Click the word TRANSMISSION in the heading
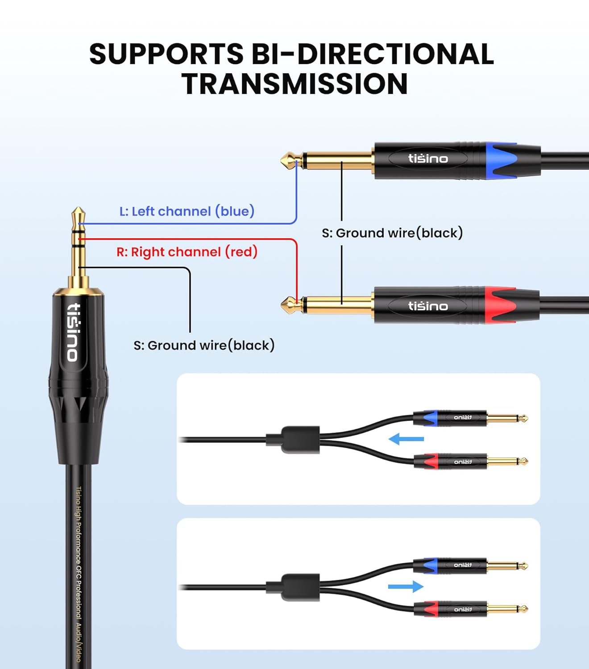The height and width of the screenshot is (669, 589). (294, 83)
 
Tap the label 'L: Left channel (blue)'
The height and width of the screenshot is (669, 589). (187, 211)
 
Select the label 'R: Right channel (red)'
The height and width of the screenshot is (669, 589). (187, 252)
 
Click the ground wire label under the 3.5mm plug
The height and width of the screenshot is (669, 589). (204, 345)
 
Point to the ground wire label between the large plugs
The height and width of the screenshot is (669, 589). (392, 233)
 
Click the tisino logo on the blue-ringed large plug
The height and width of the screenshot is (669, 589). (427, 159)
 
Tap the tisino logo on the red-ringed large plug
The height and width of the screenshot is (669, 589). (427, 306)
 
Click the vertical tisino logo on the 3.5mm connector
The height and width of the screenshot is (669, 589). (74, 331)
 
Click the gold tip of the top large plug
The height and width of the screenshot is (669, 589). (288, 160)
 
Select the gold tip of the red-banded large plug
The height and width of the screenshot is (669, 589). (288, 305)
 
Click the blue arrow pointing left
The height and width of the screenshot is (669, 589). (406, 439)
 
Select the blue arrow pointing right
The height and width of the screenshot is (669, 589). (406, 586)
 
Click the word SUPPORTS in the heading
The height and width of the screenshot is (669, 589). (166, 54)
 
